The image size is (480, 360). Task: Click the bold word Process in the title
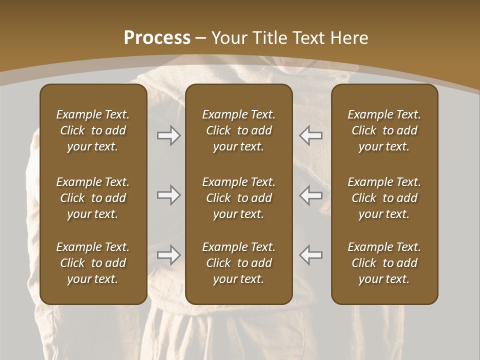click(x=157, y=37)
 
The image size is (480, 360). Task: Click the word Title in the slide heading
click(x=271, y=37)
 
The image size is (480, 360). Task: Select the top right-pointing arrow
click(x=169, y=135)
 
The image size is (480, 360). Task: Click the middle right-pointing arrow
click(x=169, y=195)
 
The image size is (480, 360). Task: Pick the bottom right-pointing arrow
click(x=169, y=255)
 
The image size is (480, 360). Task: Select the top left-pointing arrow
click(x=310, y=135)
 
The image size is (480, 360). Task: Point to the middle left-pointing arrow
click(x=310, y=195)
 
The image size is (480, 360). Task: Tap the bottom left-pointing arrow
click(x=310, y=255)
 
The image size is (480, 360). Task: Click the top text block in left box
click(x=93, y=130)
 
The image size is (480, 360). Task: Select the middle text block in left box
click(x=93, y=198)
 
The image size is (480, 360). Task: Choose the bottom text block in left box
click(x=93, y=263)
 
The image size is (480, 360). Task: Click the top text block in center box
click(x=238, y=130)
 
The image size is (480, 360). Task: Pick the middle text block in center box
click(x=238, y=198)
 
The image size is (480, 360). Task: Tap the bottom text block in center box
click(x=238, y=263)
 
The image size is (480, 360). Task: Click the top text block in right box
click(x=384, y=130)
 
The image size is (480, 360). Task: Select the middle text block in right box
click(x=384, y=198)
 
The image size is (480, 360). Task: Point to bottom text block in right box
click(x=384, y=263)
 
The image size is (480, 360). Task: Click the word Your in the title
click(x=230, y=37)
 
